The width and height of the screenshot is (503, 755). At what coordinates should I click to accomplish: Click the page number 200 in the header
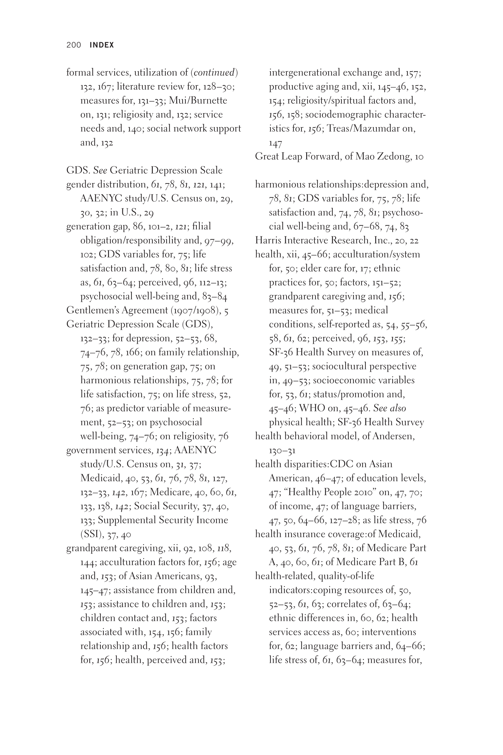click(73, 45)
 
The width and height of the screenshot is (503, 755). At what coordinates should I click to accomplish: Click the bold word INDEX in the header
click(102, 45)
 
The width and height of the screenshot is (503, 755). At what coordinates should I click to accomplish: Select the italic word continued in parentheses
click(214, 72)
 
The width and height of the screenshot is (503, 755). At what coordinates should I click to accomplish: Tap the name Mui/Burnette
click(198, 101)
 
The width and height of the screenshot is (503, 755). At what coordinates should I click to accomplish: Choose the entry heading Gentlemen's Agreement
click(117, 310)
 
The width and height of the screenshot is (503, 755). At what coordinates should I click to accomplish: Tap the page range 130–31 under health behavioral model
click(282, 451)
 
